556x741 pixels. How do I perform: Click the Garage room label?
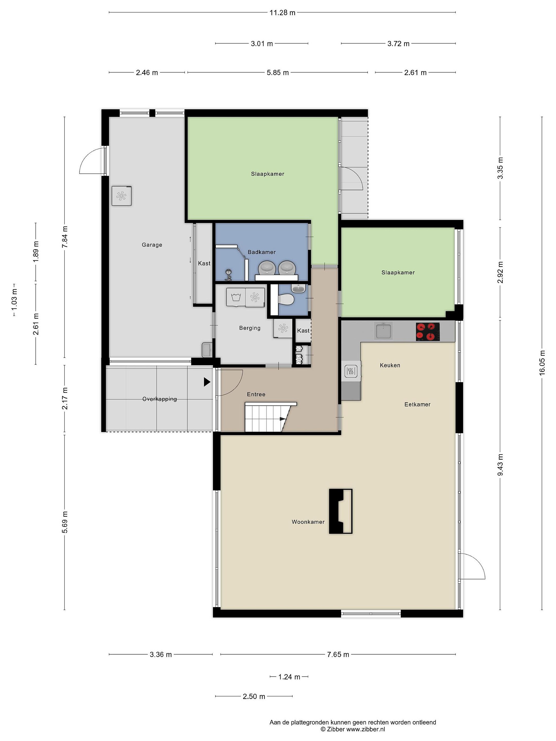tap(152, 245)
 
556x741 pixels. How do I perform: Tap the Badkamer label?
tap(262, 252)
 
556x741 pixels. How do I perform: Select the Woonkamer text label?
tap(308, 522)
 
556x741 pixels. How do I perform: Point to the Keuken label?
tap(390, 365)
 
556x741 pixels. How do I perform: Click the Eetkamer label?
tap(417, 404)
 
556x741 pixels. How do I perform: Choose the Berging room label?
tap(250, 328)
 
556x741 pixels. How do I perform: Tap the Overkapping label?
tap(160, 399)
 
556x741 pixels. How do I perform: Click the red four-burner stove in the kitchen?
tap(428, 331)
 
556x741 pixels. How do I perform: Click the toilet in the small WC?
tap(286, 299)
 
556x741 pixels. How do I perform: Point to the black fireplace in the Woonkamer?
tap(341, 511)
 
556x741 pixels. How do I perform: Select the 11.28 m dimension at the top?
tap(283, 13)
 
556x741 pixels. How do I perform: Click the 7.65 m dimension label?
tap(338, 654)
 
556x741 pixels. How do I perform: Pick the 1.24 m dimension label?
tap(289, 677)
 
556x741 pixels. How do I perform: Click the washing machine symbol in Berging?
tap(236, 297)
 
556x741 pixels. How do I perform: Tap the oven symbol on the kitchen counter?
tap(351, 371)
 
